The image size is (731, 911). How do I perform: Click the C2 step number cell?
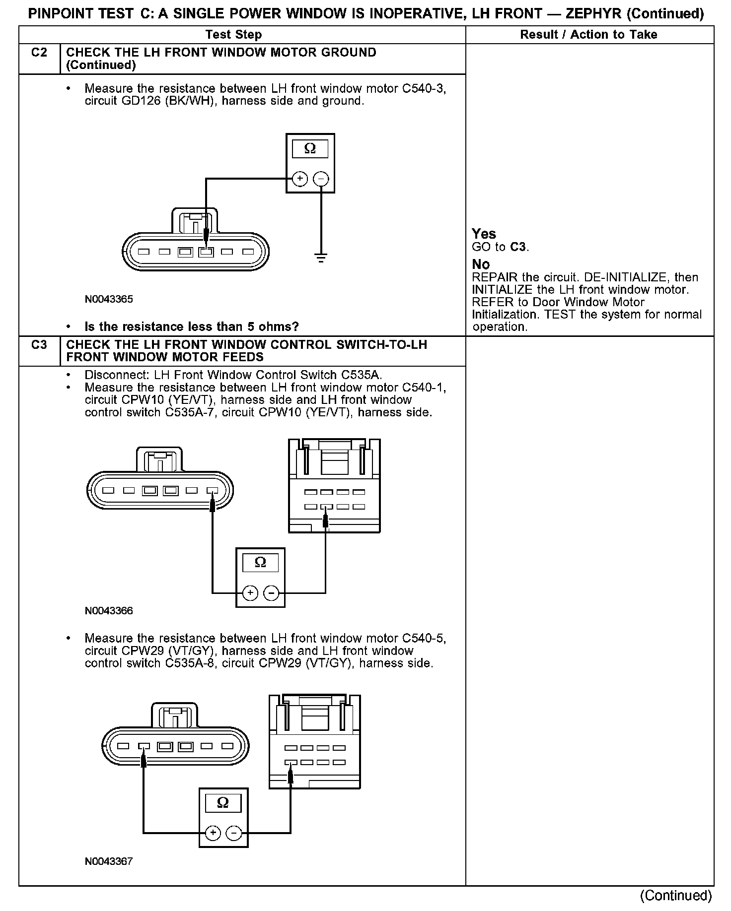coord(39,53)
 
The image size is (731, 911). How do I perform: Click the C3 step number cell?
coord(39,345)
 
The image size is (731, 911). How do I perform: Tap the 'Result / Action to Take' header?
coord(588,35)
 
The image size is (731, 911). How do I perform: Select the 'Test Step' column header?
coord(233,35)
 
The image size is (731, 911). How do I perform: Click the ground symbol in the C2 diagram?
coord(321,258)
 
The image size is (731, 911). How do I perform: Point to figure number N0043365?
coord(109,300)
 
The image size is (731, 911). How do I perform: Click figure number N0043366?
coord(109,611)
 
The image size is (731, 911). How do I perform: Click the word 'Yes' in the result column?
coord(484,234)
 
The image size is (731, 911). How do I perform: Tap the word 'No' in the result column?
coord(481,264)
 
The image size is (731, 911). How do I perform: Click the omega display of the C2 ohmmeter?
coord(310,149)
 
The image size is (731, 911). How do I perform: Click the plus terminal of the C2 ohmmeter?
coord(299,179)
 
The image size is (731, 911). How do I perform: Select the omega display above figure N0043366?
coord(260,563)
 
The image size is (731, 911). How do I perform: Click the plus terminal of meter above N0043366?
coord(250,592)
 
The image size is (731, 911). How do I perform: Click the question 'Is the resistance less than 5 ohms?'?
coord(192,327)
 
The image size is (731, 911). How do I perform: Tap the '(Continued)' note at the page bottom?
coord(676,896)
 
